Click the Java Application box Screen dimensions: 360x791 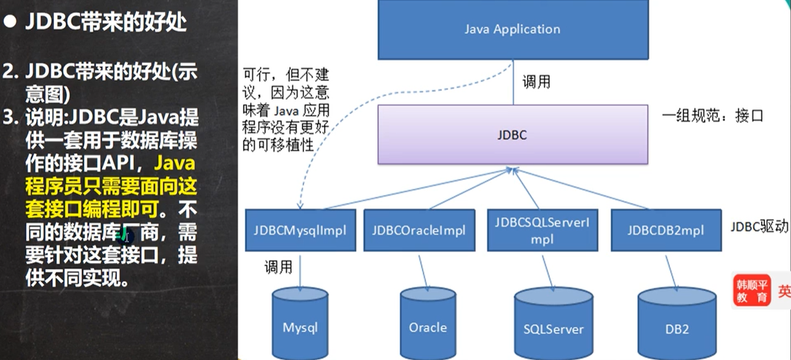512,29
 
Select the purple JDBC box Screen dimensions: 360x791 512,135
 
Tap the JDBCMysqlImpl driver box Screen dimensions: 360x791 300,229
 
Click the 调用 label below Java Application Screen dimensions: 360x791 536,82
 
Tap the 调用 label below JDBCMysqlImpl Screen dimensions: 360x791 278,268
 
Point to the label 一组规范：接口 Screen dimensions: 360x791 712,115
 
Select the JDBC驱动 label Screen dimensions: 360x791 759,227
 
